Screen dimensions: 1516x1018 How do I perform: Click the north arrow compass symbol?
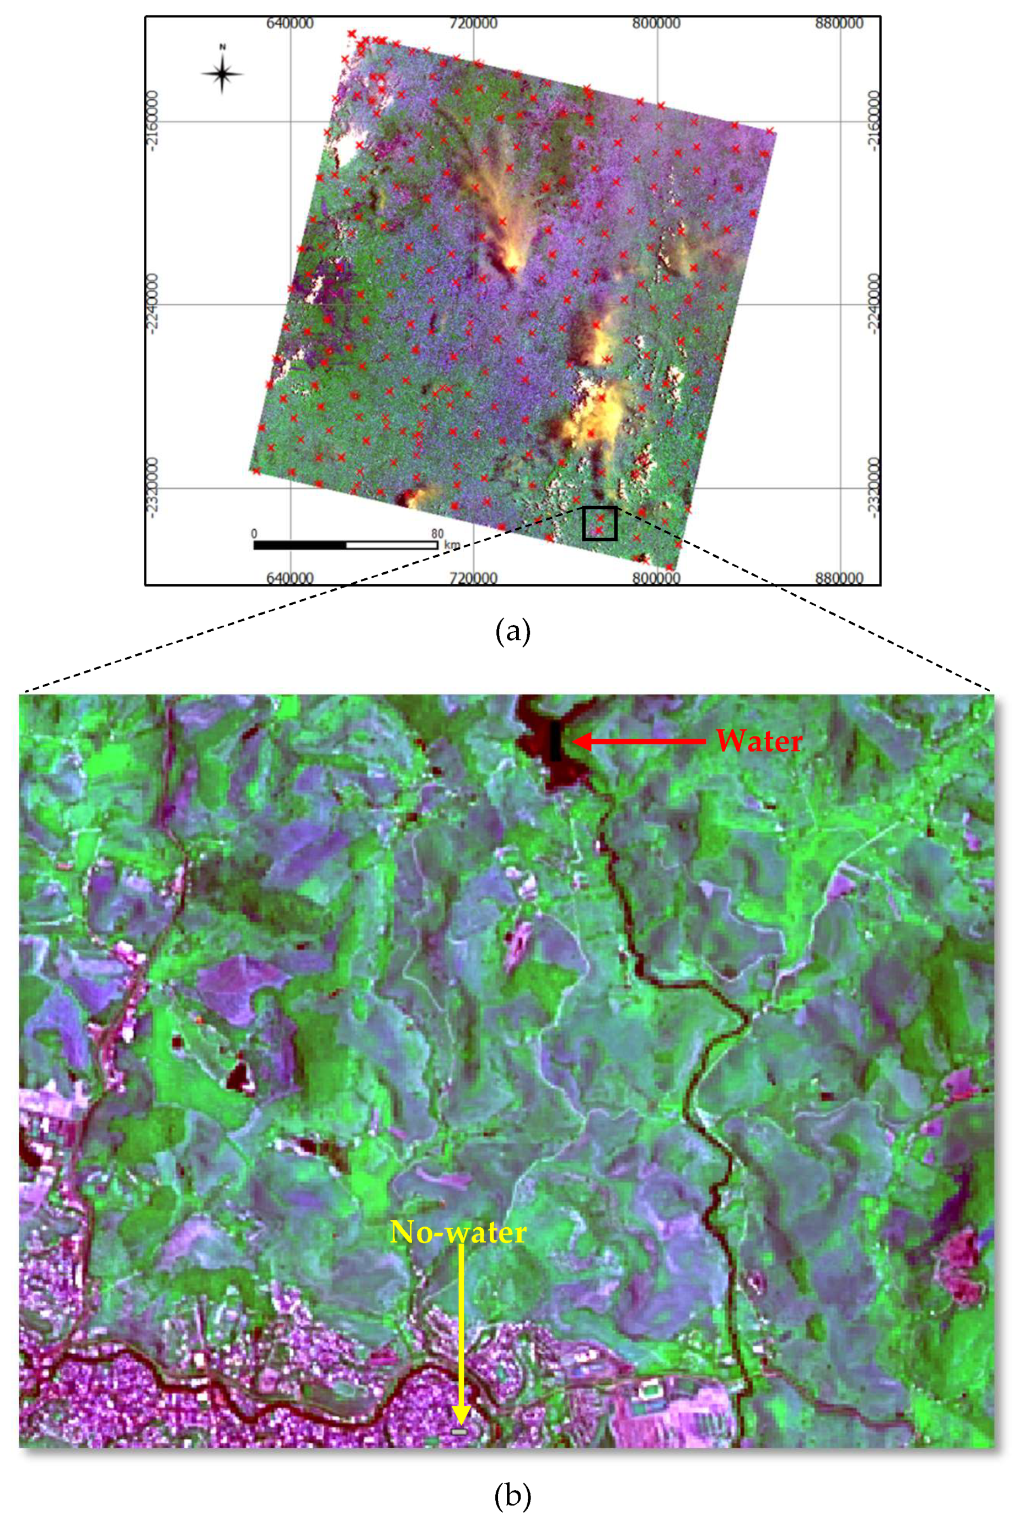222,73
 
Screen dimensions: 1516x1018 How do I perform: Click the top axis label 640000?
290,23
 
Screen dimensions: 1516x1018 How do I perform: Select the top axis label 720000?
473,23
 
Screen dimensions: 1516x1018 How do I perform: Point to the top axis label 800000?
656,23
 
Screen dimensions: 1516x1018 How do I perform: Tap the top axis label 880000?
839,23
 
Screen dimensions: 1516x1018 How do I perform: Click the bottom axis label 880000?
839,578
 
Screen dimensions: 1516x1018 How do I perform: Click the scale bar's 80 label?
437,534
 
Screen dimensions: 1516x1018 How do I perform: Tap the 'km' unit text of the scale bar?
451,545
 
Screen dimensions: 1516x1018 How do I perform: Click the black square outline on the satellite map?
599,524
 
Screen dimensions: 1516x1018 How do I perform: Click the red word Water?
758,741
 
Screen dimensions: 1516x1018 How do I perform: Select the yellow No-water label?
458,1232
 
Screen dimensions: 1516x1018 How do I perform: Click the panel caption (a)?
512,631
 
